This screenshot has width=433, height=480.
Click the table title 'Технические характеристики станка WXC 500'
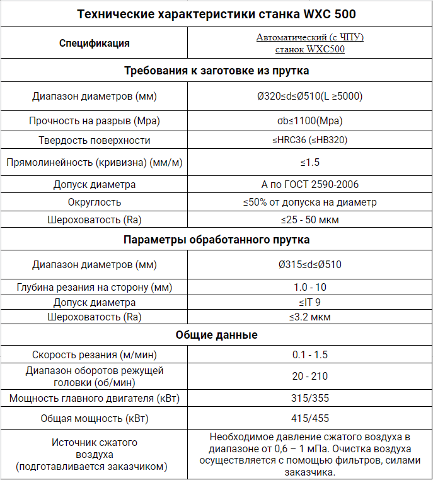[216, 14]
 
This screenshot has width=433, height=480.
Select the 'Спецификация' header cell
[95, 44]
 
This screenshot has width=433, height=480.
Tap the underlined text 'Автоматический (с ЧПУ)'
[310, 37]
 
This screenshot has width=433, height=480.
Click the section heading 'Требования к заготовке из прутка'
[216, 71]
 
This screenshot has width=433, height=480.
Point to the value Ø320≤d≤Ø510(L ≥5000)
[310, 97]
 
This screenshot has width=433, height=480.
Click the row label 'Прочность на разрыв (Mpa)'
[95, 120]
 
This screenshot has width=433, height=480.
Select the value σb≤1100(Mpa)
[310, 120]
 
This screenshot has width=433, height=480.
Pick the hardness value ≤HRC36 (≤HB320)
[310, 140]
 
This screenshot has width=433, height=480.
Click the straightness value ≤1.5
[310, 163]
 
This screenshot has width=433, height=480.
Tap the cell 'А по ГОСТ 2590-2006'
[310, 185]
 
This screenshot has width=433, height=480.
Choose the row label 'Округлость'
[95, 202]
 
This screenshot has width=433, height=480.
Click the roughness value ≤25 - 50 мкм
[310, 220]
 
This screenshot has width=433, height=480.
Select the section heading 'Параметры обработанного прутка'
[216, 240]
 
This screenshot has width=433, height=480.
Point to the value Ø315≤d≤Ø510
[310, 264]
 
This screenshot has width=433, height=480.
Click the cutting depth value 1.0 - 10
[310, 288]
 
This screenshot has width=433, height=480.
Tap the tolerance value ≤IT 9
[310, 302]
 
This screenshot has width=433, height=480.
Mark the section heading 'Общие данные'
[216, 334]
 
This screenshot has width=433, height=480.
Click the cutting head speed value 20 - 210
[310, 376]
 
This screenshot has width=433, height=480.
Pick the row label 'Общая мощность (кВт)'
[95, 418]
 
